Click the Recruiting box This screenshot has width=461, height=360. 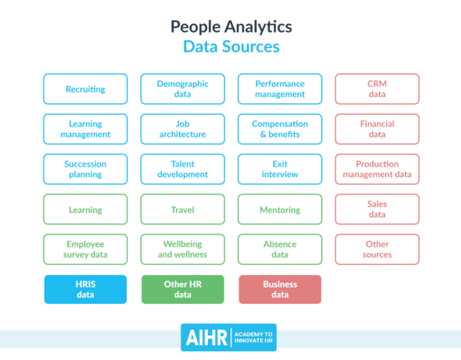[85, 90]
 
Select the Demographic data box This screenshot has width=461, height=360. [183, 90]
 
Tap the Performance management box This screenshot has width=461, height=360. [279, 90]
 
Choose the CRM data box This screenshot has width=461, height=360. [377, 90]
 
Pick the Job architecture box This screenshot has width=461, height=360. [183, 129]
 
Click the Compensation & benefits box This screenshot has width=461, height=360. [279, 129]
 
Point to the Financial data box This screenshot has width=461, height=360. [377, 129]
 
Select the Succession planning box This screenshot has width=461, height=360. [85, 169]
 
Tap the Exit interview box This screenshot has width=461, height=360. [279, 169]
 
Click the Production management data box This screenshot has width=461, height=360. [377, 169]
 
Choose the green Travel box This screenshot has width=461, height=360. [183, 210]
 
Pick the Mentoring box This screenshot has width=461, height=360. [279, 210]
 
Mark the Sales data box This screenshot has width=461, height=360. [377, 210]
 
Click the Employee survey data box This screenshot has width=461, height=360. [85, 250]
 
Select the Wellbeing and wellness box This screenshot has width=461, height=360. [183, 250]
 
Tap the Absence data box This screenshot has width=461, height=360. [279, 250]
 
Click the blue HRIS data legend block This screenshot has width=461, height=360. [85, 289]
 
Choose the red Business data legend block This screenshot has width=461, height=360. [279, 289]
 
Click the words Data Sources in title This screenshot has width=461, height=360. [230, 46]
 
